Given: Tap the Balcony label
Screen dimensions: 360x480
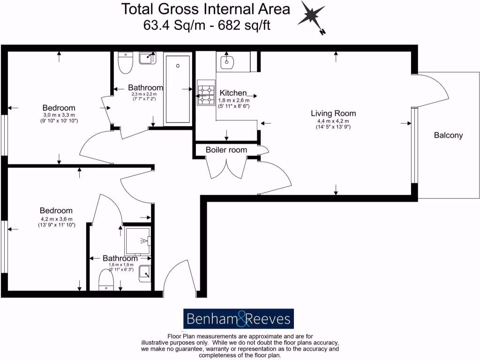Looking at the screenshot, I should coord(448,135).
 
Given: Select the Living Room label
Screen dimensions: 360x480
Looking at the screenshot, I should coord(333,113).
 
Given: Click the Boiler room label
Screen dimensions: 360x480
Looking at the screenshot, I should coord(226,150).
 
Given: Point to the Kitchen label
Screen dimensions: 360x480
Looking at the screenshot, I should coord(233,93).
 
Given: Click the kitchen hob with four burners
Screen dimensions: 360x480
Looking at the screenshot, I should coord(205,93).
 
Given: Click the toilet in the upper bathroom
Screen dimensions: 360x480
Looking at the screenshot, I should coord(126,63).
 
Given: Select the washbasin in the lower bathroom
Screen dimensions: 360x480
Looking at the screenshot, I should coord(145,273).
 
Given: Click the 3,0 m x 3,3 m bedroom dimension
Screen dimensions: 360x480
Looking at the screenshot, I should coord(59,115).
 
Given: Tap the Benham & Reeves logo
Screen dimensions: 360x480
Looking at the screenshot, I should coord(238,319).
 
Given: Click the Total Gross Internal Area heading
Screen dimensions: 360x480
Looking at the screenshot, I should coord(206,8).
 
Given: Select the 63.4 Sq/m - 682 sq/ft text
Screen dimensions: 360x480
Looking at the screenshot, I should coord(207,24).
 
